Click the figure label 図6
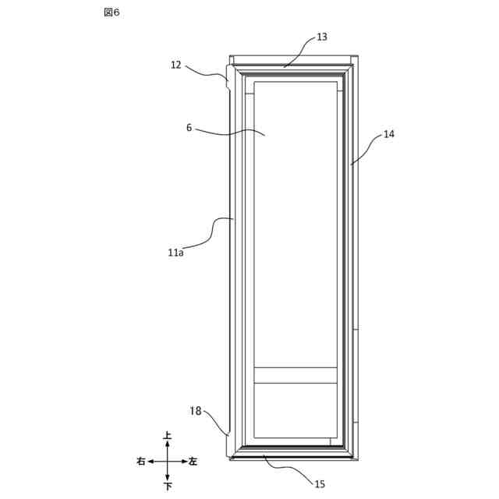coord(111,12)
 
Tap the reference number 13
coord(322,37)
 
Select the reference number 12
coord(176,65)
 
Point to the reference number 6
coord(189,128)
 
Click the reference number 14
coord(388,134)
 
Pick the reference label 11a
coord(175,252)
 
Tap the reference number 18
coord(196,410)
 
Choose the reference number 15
coord(320,484)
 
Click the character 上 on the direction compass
coord(168,436)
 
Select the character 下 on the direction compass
coord(168,487)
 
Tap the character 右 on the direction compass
coord(140,462)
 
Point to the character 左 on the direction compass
coord(193,462)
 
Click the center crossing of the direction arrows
coord(168,462)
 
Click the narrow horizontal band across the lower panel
coord(296,375)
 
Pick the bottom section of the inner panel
coord(296,410)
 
